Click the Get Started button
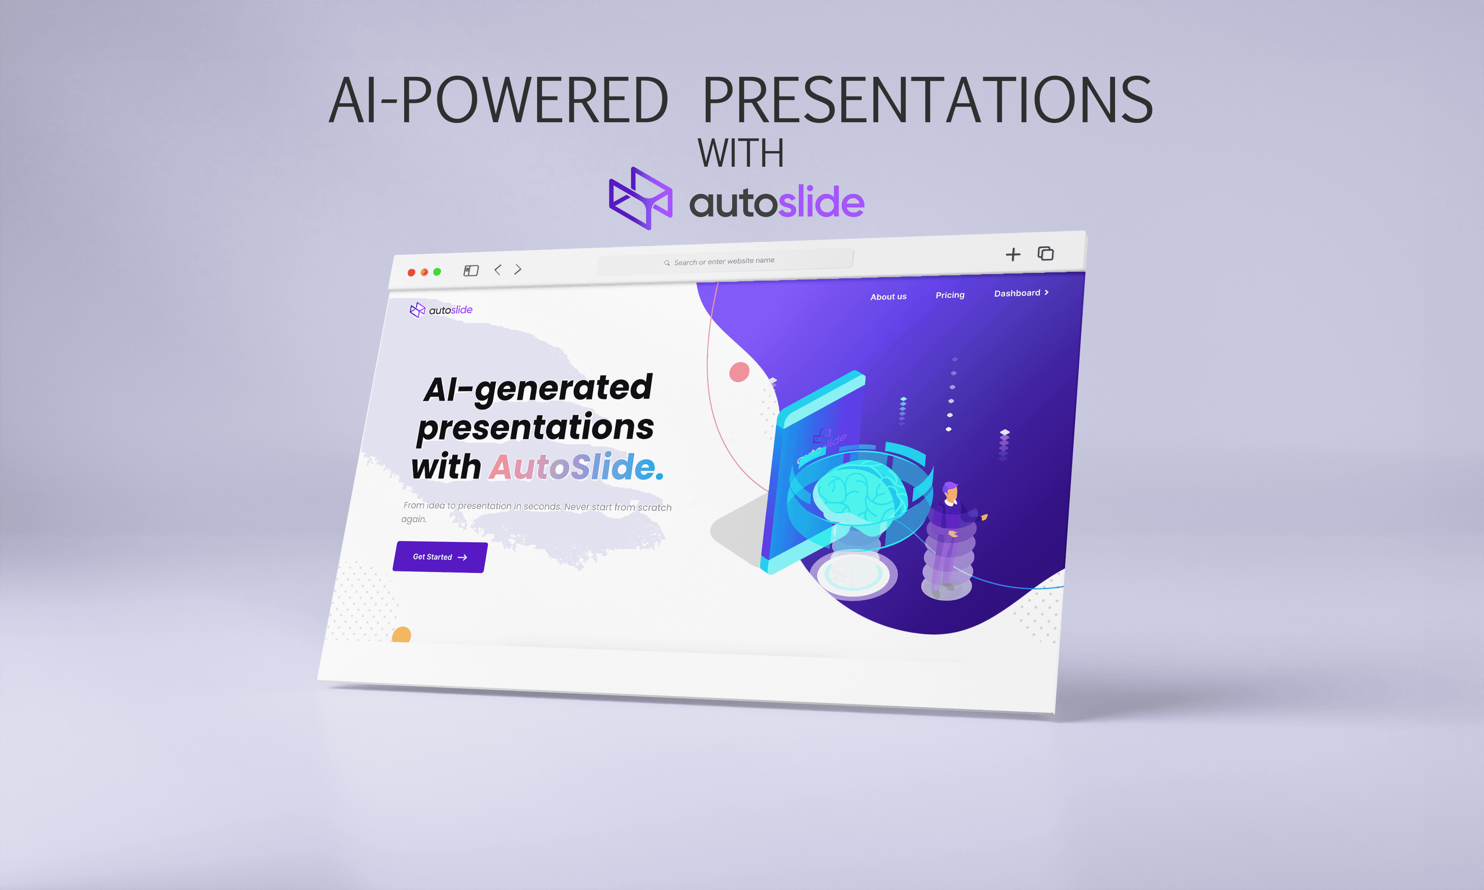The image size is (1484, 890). tap(440, 557)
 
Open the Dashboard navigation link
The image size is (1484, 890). tap(1021, 293)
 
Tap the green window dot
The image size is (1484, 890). tap(437, 272)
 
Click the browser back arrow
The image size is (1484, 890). tap(497, 270)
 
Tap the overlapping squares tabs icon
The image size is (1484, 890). tap(1045, 253)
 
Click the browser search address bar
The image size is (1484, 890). tap(725, 262)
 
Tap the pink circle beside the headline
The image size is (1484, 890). tap(739, 372)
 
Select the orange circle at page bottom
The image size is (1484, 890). tap(401, 635)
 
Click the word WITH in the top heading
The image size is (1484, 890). tap(741, 153)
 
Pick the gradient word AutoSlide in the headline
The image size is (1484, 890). tap(572, 467)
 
